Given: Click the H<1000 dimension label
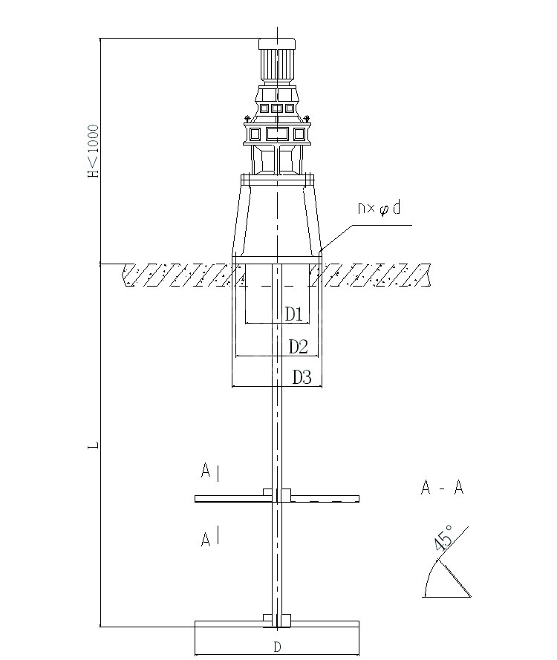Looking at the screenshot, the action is [93, 151].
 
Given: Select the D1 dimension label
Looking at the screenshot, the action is [294, 313].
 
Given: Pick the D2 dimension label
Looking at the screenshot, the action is [298, 347].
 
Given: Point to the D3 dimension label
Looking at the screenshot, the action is [302, 378].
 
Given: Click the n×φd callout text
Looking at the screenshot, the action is [379, 208].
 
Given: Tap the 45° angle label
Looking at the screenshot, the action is [443, 537].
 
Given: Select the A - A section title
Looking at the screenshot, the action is [442, 488].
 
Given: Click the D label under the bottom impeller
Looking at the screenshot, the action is [277, 647].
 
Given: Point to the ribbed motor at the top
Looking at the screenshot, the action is [276, 62].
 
